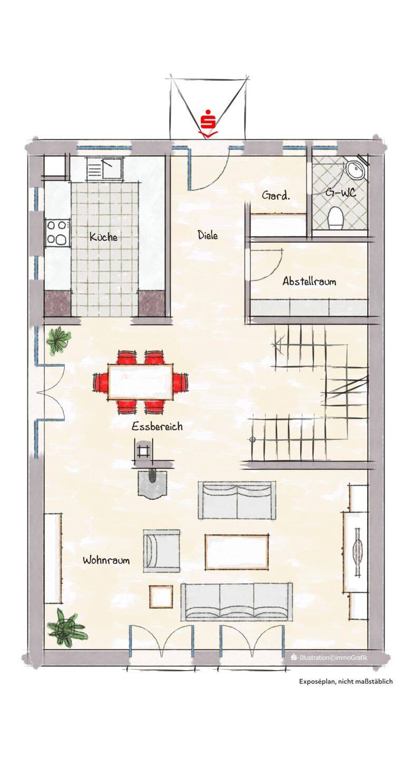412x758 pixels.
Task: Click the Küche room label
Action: [x=103, y=236]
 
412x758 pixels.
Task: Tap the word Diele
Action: [x=208, y=235]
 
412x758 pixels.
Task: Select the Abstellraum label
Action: [x=309, y=281]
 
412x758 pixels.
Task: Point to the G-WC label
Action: [x=340, y=194]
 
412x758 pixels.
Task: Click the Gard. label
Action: [x=276, y=196]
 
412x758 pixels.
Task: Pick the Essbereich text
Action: [x=157, y=426]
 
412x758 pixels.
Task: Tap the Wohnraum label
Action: [x=106, y=560]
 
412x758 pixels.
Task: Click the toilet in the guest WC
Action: [x=336, y=217]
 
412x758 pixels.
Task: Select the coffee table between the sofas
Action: [x=237, y=552]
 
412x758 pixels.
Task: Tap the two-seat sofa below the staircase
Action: [x=237, y=501]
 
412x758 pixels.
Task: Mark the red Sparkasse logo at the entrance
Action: [x=208, y=124]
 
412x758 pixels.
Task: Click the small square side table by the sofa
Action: [x=161, y=596]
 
